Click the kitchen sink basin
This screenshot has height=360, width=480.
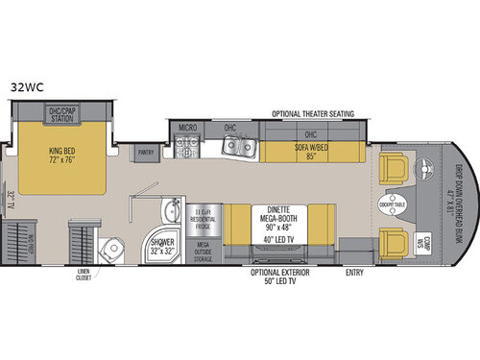236,146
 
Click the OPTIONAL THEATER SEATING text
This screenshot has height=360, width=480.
313,111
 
